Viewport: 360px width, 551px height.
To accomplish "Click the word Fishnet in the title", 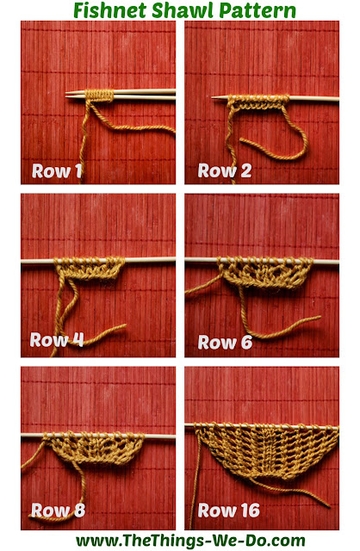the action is [x=109, y=10].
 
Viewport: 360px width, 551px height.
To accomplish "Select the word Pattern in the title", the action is [x=258, y=10].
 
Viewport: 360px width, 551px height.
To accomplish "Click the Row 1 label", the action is [x=57, y=170].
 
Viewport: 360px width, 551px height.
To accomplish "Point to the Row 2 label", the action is [x=225, y=170].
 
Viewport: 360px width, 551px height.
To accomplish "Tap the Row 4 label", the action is [x=57, y=340].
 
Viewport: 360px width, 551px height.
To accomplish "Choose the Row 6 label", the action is [x=225, y=342].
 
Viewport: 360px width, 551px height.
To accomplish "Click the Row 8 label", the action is [x=58, y=510].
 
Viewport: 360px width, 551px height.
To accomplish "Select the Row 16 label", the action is [x=228, y=511].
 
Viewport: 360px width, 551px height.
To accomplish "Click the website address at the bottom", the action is [x=190, y=541].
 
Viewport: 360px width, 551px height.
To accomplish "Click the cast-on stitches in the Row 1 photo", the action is [x=100, y=96].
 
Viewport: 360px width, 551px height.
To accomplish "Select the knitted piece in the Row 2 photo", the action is [x=258, y=102].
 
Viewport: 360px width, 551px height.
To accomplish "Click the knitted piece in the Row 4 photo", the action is [x=90, y=268].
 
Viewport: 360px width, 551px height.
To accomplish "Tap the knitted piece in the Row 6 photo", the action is [x=265, y=272].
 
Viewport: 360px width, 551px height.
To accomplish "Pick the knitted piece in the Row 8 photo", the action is [x=94, y=448].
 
